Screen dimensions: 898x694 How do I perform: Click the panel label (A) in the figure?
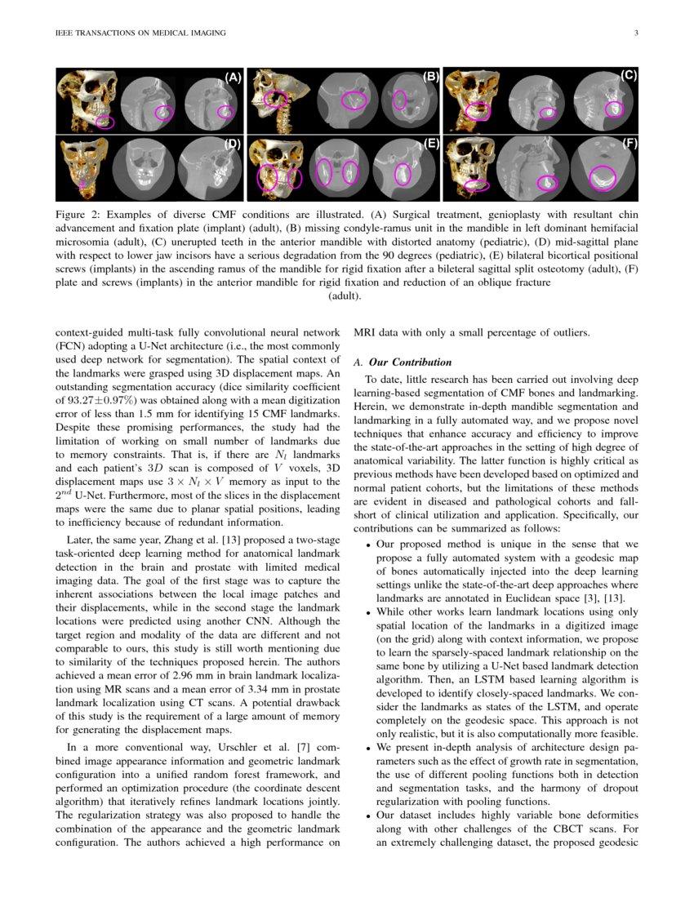[234, 78]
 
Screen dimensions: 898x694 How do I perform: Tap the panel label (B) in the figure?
[430, 77]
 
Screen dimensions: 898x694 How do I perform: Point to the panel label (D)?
[234, 144]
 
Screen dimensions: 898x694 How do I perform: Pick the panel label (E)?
[431, 144]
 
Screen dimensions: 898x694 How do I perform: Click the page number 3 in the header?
[635, 33]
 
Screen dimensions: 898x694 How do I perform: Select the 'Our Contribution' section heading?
[405, 362]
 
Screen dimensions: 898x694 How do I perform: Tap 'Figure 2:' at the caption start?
[82, 215]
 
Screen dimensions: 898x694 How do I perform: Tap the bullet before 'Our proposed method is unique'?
[369, 544]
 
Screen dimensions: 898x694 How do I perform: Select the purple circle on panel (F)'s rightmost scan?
[603, 174]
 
